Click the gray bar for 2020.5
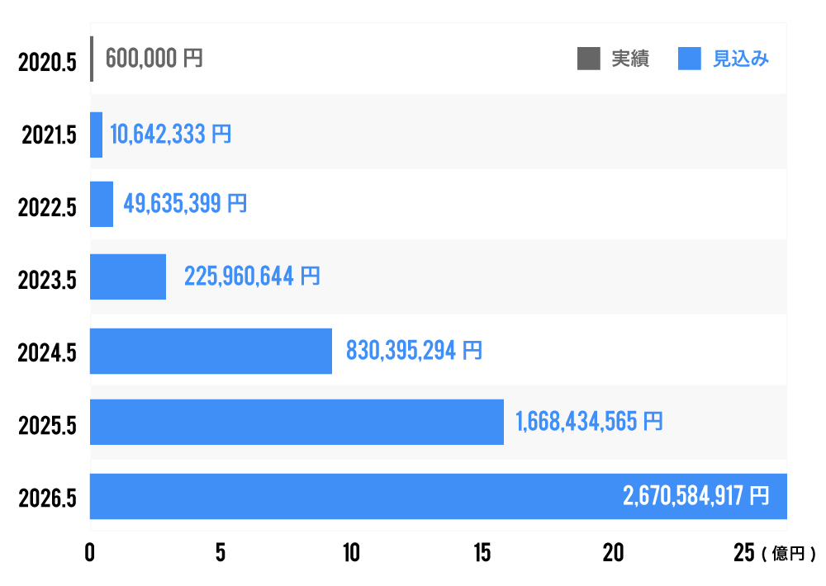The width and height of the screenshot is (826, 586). point(92,59)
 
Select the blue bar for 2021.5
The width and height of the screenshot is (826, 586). point(96,135)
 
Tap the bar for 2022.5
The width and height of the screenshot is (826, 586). point(102,204)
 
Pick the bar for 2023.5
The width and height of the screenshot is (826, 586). point(128,276)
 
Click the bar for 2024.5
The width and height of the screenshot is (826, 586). point(211,351)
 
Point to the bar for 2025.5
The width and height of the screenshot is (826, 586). point(297,422)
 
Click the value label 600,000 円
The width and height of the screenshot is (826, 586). point(154,59)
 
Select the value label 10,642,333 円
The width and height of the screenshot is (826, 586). point(170,135)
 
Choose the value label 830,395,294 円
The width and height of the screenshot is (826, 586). point(414,351)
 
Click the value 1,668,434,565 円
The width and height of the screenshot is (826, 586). point(589,422)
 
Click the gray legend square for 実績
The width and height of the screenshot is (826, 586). point(589,59)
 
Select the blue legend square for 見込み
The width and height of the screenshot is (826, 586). point(690,59)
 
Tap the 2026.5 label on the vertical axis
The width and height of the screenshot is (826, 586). point(47,499)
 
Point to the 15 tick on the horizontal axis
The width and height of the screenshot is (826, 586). point(482,554)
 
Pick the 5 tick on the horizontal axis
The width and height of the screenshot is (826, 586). point(221,554)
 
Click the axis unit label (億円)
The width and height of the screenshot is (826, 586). point(789,555)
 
